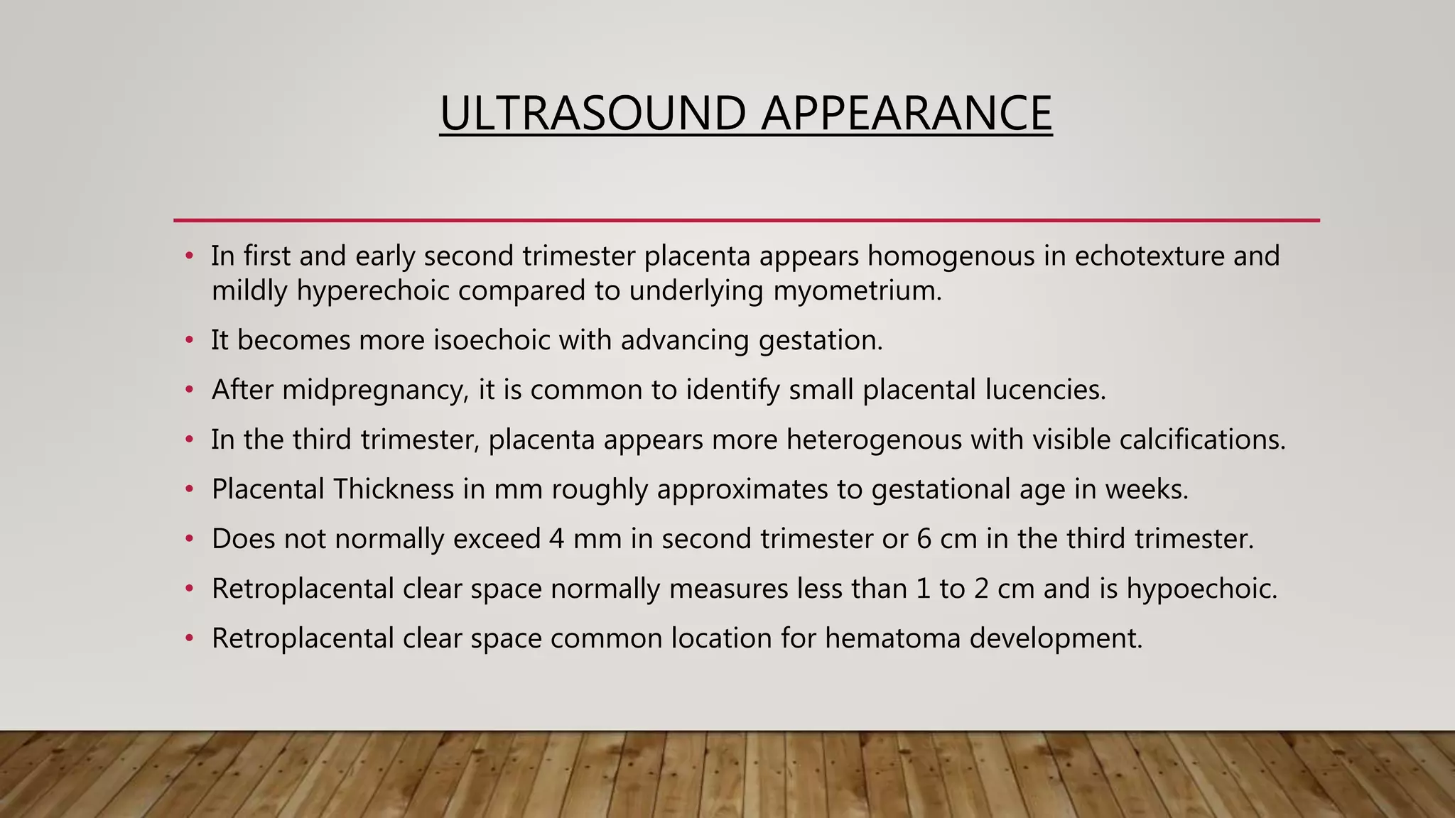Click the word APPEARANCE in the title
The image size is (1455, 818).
coord(906,114)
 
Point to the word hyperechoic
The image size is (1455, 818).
coord(373,291)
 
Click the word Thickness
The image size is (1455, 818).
coord(393,490)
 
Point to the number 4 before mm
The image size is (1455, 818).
coord(556,540)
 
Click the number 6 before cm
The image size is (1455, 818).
coord(924,540)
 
